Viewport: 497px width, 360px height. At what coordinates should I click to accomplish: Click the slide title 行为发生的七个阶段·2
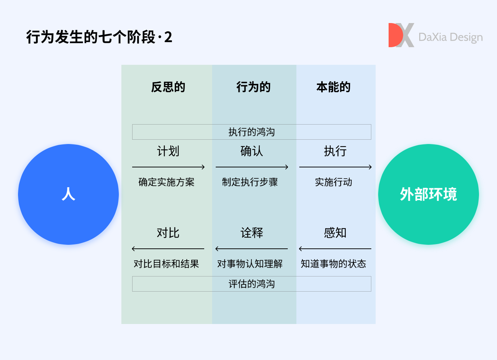[99, 37]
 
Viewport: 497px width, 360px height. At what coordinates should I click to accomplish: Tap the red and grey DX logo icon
[401, 35]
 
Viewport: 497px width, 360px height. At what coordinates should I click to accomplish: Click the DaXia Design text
[451, 37]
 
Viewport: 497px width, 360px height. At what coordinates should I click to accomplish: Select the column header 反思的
[168, 87]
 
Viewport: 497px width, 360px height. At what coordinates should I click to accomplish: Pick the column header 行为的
[253, 87]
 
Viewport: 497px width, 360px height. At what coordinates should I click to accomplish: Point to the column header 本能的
[333, 87]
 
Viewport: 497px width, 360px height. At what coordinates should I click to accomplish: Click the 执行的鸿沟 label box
[252, 132]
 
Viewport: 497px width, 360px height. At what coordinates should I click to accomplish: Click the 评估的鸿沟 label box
[252, 284]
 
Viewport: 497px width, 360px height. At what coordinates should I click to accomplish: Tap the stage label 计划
[168, 151]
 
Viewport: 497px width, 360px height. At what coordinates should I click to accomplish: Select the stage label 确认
[252, 151]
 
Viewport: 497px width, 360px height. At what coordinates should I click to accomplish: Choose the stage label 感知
[335, 233]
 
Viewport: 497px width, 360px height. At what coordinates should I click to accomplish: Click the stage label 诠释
[252, 233]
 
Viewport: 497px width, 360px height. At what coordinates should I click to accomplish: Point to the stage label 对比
[168, 233]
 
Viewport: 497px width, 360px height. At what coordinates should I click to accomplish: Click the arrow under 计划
[168, 167]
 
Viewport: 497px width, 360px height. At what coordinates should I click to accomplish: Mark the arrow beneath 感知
[335, 249]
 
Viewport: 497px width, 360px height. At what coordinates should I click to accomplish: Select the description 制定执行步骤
[250, 182]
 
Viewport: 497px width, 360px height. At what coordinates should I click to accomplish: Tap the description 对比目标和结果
[166, 264]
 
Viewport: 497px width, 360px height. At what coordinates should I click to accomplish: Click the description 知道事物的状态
[333, 264]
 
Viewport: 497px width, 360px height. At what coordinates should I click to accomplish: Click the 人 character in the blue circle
[68, 194]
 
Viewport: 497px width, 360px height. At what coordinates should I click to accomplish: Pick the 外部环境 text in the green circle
[428, 194]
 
